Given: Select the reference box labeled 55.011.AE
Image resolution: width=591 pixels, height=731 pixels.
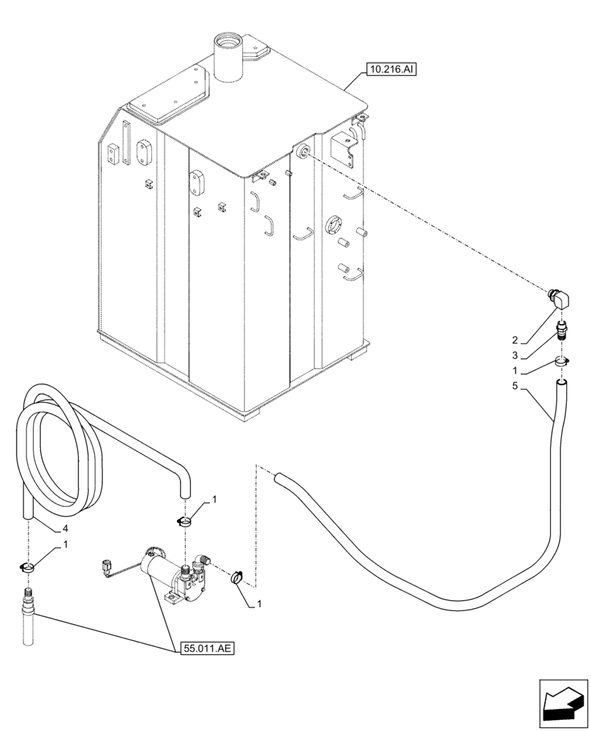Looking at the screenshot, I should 207,648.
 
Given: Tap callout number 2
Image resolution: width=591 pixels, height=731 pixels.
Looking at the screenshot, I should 515,340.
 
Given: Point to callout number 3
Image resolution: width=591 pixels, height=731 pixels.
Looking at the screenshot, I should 515,355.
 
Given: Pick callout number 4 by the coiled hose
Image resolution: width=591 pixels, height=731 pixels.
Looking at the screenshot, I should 65,528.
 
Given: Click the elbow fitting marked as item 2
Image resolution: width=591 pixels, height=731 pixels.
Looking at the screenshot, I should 560,299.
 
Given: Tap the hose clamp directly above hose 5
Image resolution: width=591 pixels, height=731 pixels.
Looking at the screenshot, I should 561,361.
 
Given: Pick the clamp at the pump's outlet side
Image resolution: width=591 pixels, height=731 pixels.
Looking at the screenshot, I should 238,577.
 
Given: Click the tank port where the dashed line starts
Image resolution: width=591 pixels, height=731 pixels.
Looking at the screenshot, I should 302,151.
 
